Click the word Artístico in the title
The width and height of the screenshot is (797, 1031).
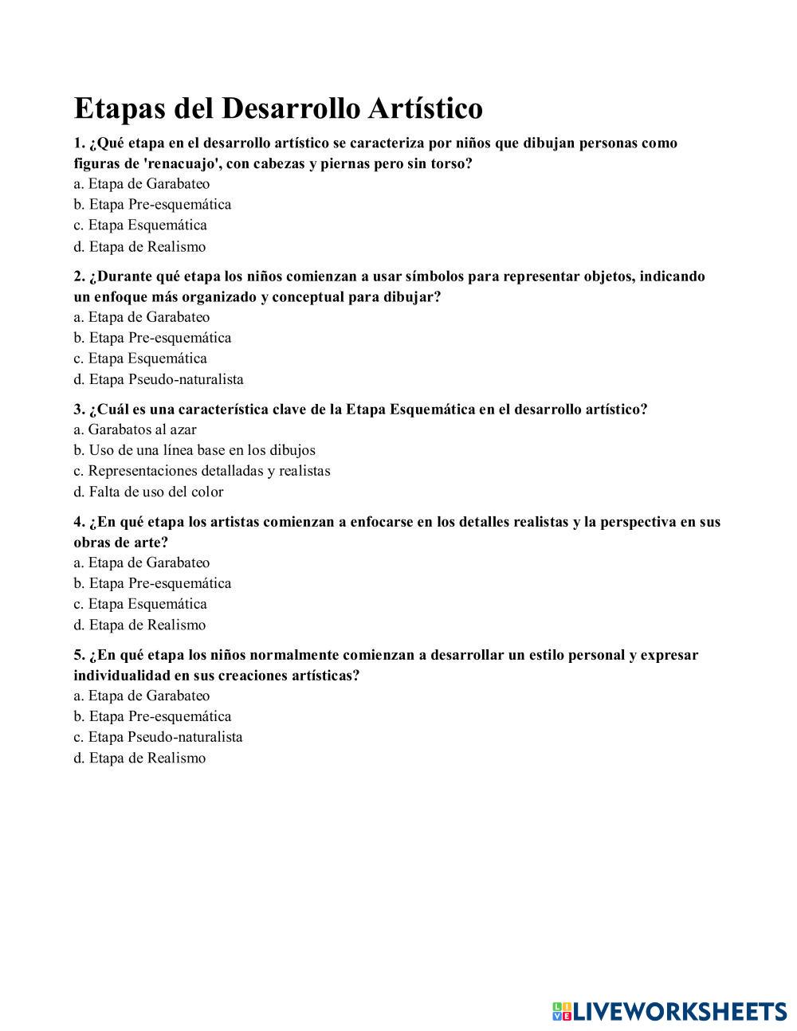[x=426, y=108]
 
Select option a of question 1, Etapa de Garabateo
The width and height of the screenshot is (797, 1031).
[x=142, y=184]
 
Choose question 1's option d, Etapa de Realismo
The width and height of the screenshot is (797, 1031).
[x=140, y=247]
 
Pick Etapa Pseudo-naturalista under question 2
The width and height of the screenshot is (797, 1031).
[x=159, y=379]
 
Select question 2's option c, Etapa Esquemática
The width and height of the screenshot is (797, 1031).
[x=140, y=359]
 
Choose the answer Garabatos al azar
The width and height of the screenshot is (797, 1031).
[x=135, y=429]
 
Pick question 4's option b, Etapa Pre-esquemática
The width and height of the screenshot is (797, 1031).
[x=152, y=583]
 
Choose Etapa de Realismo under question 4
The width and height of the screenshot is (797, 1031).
[x=140, y=625]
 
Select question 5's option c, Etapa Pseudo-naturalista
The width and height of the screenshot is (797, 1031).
[x=158, y=737]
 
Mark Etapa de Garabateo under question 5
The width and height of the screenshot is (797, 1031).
[x=142, y=696]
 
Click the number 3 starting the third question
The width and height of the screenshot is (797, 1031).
[x=78, y=410]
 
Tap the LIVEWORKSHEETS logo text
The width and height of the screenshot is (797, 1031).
[x=680, y=1011]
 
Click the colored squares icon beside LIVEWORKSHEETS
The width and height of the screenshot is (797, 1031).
[x=562, y=1011]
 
